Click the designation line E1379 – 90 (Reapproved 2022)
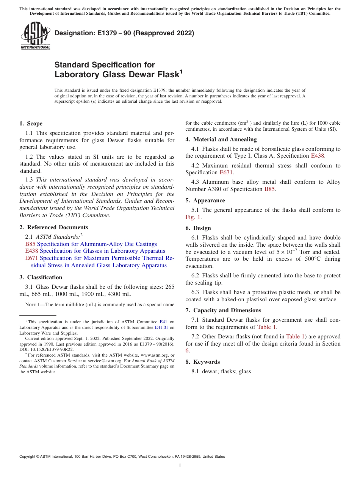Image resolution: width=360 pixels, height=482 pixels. pos(124,33)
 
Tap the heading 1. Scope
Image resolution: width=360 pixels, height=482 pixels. pos(31,124)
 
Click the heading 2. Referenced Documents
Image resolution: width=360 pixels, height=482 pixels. pos(54,227)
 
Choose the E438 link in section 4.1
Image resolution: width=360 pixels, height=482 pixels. pos(318,156)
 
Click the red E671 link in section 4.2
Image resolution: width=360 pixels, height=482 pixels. pos(227,172)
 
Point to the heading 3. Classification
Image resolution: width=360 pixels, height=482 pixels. pos(41,277)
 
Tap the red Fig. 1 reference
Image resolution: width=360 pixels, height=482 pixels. pos(193,217)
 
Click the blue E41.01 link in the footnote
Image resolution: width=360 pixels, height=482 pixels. pos(162,327)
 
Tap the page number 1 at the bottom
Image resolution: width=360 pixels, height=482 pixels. pos(180,465)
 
